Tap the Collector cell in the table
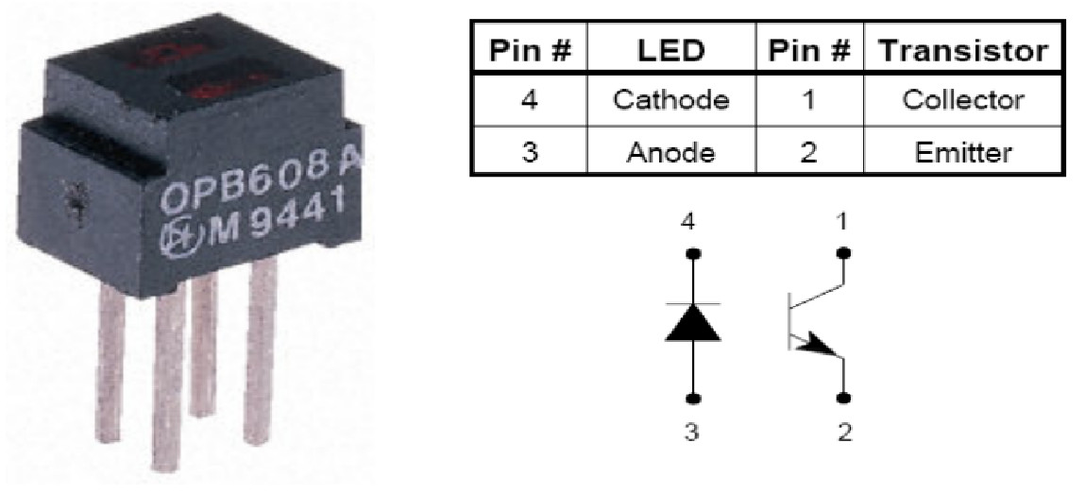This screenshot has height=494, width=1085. click(963, 100)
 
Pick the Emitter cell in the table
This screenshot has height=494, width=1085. click(963, 151)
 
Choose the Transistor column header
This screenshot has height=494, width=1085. click(963, 50)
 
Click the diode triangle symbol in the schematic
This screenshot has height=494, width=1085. click(693, 324)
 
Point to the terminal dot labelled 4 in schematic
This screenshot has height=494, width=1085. click(693, 254)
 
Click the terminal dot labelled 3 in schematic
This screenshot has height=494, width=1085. click(693, 398)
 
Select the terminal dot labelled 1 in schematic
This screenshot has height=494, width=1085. click(843, 254)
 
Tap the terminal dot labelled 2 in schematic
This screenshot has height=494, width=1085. click(843, 398)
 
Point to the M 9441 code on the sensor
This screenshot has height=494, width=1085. click(274, 224)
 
